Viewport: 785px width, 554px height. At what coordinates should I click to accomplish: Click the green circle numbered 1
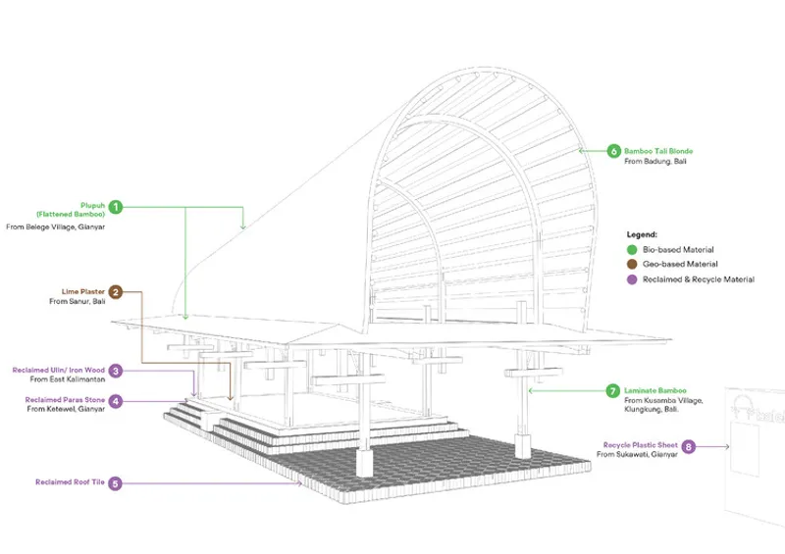(116, 207)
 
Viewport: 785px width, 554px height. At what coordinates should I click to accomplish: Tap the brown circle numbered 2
(116, 292)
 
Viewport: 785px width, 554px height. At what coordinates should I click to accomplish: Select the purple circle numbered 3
(116, 371)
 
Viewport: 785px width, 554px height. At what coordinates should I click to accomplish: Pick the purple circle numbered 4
(116, 401)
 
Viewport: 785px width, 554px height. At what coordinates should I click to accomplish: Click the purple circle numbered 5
(115, 483)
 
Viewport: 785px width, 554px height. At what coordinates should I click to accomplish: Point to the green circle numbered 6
(614, 151)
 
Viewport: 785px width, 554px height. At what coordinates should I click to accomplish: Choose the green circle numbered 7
(612, 391)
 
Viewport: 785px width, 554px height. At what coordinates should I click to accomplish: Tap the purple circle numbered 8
(689, 446)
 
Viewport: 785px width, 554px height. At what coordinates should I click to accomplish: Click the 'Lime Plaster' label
(83, 291)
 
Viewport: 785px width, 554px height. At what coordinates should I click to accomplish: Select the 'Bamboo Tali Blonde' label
(658, 151)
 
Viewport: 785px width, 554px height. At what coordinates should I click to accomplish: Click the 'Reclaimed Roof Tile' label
(70, 482)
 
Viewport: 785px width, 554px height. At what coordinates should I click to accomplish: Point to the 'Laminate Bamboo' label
(655, 390)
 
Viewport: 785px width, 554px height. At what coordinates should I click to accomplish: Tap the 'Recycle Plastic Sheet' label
(641, 445)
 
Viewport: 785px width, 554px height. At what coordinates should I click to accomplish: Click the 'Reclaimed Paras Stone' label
(65, 400)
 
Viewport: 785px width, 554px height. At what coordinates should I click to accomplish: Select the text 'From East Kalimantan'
(68, 379)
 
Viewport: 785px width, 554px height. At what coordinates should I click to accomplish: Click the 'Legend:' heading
(642, 234)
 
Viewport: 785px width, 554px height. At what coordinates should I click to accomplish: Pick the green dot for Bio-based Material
(632, 249)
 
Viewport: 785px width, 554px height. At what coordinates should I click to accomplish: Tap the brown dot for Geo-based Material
(632, 264)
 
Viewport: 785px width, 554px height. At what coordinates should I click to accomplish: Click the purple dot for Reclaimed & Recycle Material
(632, 279)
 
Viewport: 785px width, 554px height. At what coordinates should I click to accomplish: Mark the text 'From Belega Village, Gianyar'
(56, 227)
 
